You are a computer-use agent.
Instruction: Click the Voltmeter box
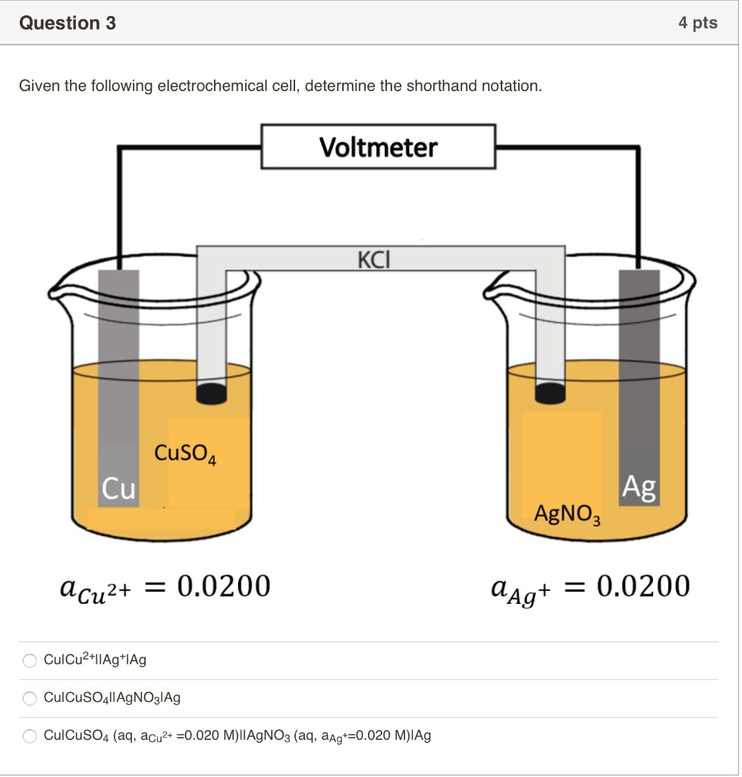pos(379,146)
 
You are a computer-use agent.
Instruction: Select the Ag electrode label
pos(639,488)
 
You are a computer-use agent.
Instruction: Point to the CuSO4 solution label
pos(185,455)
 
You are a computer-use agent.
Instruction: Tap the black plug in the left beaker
pos(212,392)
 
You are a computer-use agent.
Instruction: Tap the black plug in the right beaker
pos(550,392)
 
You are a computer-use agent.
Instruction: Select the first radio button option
pos(30,660)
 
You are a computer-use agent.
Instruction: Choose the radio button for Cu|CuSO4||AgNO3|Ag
pos(30,698)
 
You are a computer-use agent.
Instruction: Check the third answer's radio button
pos(30,736)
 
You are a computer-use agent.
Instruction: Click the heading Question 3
pos(68,24)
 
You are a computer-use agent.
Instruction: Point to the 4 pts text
pos(697,24)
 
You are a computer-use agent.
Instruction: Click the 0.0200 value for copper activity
pos(223,587)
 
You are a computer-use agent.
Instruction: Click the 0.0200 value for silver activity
pos(643,587)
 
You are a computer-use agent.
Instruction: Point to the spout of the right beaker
pos(495,289)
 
